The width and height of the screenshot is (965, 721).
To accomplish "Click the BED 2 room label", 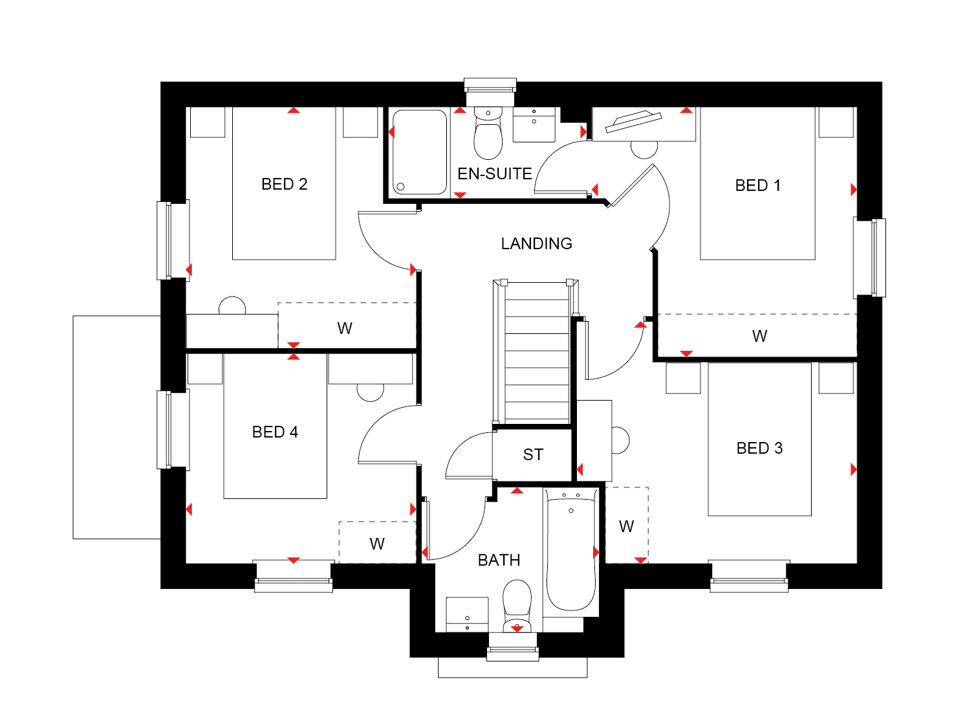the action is tap(284, 184).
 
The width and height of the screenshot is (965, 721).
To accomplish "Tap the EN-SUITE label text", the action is tap(495, 173).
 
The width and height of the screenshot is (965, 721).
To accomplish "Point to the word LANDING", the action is tap(536, 243).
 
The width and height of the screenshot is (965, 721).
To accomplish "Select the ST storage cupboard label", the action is tap(533, 454).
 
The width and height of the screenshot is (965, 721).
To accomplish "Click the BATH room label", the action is tap(499, 560).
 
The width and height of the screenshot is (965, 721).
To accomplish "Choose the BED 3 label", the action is tap(759, 448).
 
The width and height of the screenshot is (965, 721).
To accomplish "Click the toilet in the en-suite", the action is tap(488, 133).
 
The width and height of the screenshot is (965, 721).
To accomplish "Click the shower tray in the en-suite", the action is tap(419, 152).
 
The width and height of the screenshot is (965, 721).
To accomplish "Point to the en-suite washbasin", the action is tap(534, 124).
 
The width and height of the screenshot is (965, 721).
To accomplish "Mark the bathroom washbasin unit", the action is tap(467, 615).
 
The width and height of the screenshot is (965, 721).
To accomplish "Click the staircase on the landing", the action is tap(536, 352).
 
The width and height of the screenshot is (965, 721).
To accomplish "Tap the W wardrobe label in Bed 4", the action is tap(377, 544).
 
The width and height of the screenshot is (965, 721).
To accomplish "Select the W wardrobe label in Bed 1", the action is tap(759, 336).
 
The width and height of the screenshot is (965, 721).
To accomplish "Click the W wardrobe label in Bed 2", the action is tap(345, 328).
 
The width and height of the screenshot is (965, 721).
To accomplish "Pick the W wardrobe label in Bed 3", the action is tap(626, 526).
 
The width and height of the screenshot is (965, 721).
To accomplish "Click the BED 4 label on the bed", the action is tap(275, 432).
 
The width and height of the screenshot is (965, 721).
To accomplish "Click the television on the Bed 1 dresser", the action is tap(633, 122).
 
